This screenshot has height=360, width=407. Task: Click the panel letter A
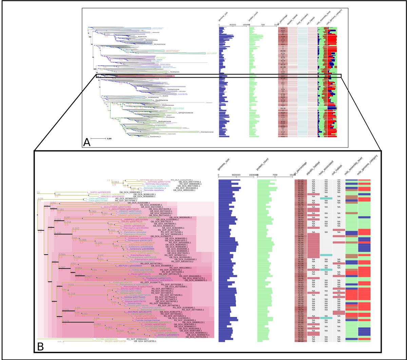pyautogui.click(x=87, y=142)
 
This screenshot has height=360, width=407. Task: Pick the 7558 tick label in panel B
pyautogui.click(x=275, y=175)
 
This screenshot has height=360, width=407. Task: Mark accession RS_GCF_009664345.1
pyautogui.click(x=139, y=339)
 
